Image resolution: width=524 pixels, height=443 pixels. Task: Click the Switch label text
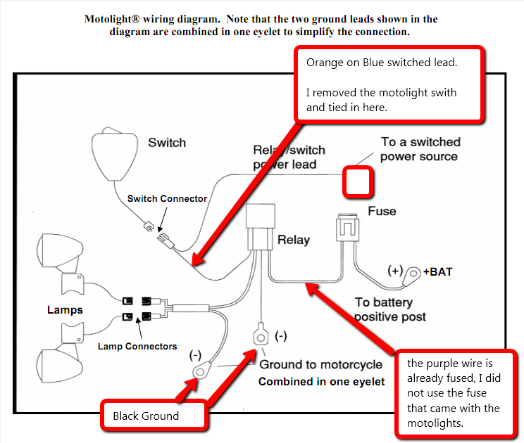[x=167, y=143]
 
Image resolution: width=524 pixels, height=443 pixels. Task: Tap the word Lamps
[x=65, y=309]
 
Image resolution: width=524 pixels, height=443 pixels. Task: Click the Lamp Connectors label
[x=137, y=346]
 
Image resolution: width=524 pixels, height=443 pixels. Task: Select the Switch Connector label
[x=167, y=199]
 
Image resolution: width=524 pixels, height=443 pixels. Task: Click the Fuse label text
[x=382, y=211]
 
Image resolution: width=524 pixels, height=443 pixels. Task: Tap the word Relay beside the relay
[x=293, y=240]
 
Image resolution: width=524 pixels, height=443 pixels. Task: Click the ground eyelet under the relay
[x=260, y=337]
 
